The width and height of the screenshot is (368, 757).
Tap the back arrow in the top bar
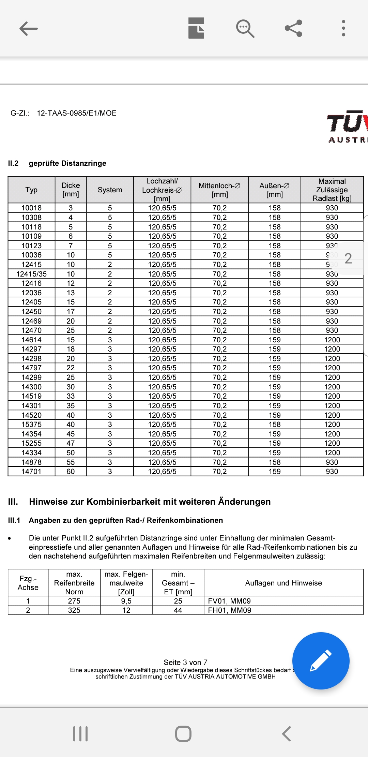(29, 29)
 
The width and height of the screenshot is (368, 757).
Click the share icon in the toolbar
(293, 28)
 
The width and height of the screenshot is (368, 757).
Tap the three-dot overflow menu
(343, 28)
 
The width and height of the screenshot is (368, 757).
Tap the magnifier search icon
(245, 28)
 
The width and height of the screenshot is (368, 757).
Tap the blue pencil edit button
(321, 660)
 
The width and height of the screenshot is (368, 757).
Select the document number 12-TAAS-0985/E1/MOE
(77, 113)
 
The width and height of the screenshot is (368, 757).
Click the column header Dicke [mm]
(71, 190)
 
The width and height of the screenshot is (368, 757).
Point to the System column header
(110, 190)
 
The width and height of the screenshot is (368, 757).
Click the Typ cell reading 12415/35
(31, 274)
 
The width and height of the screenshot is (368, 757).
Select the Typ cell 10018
(31, 208)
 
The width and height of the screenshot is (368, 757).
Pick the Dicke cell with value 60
(71, 472)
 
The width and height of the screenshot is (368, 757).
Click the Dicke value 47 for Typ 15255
(71, 443)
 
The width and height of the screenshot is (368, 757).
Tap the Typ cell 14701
(31, 472)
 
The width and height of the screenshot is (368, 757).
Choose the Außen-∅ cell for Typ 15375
(275, 425)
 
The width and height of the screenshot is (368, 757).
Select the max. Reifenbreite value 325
(74, 610)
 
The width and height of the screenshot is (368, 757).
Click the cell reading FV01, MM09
(229, 601)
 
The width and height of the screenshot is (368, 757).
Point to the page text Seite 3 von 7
(185, 662)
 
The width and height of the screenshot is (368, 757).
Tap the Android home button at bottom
(183, 733)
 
